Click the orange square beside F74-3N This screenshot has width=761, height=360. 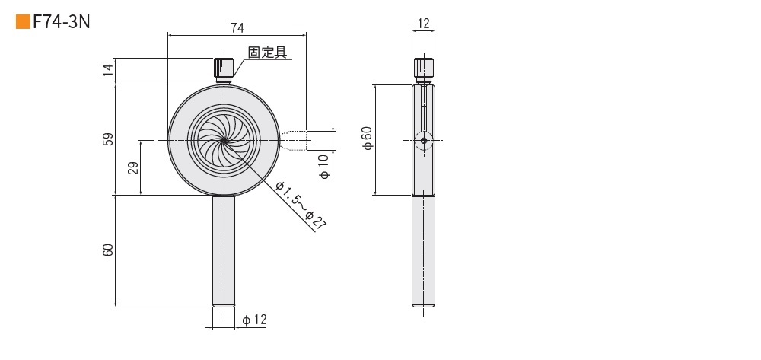[23, 22]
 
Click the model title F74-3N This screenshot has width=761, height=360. [62, 22]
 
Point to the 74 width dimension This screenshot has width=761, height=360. [237, 28]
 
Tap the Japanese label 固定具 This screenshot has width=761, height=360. [267, 52]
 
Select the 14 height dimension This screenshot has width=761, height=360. [108, 69]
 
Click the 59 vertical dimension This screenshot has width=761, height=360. [108, 139]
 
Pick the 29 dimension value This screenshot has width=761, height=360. [133, 168]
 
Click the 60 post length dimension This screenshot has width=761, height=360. [108, 250]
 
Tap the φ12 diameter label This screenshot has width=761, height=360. [254, 320]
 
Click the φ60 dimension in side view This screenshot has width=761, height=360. [368, 139]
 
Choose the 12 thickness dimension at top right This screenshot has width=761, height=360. [424, 24]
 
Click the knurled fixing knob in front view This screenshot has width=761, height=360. [223, 71]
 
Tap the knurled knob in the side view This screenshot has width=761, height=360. [424, 71]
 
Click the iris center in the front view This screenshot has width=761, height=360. [223, 140]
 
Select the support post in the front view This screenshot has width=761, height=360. [223, 251]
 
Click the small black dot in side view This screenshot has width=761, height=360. [424, 141]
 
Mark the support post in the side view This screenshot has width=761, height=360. [424, 251]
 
